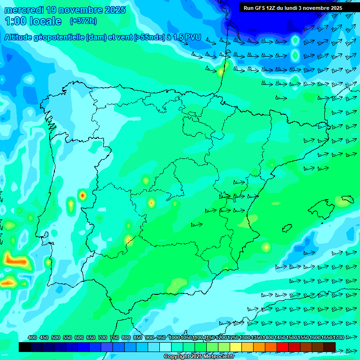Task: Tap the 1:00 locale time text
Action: [33, 21]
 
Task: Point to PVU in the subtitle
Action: [193, 37]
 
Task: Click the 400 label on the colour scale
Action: [32, 337]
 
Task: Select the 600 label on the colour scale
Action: [79, 337]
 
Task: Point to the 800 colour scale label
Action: [126, 337]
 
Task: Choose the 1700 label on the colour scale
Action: [338, 337]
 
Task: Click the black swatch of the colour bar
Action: [25, 347]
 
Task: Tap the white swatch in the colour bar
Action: [165, 347]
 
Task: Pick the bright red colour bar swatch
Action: [283, 347]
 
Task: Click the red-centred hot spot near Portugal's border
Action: [82, 195]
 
